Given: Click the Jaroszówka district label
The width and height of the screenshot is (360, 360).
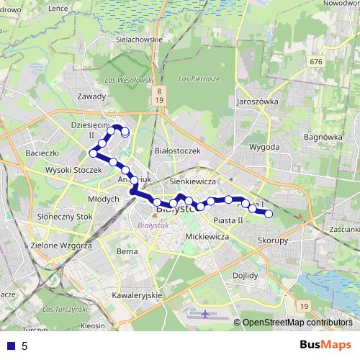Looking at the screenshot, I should click(x=256, y=102).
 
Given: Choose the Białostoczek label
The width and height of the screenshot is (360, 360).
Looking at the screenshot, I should click(x=177, y=150).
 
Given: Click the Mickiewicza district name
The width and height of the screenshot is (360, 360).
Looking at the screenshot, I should click(x=207, y=236).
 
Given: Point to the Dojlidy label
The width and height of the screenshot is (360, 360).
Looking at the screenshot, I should click(x=246, y=275).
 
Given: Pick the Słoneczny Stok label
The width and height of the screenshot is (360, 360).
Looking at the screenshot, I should click(x=64, y=216).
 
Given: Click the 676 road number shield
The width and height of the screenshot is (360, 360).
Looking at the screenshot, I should click(x=315, y=63).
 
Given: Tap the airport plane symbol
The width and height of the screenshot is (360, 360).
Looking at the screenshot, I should click(x=207, y=315).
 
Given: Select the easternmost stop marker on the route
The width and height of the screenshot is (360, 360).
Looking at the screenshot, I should click(x=269, y=214).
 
